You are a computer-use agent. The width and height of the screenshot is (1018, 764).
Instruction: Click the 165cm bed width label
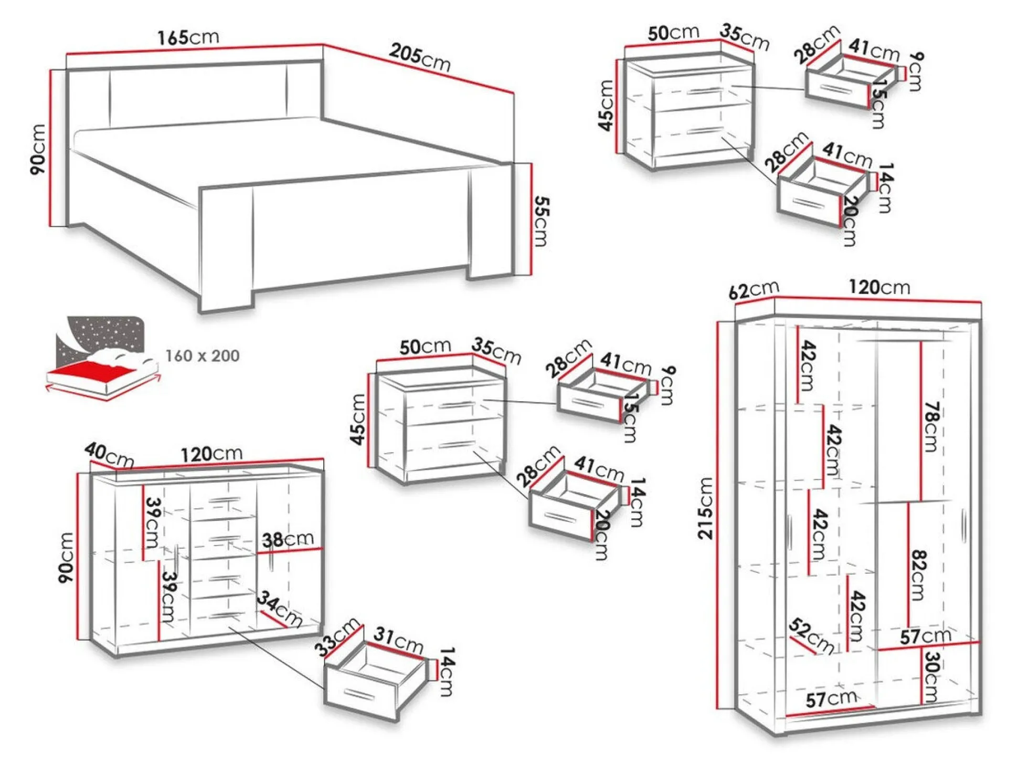point(188,37)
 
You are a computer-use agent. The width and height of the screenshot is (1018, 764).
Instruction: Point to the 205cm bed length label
point(420,57)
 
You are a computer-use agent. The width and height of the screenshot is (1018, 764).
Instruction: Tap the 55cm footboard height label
point(541,221)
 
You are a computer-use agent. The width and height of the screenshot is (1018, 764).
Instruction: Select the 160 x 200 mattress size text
point(203,355)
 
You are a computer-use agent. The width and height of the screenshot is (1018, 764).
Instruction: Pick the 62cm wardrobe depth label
point(754,290)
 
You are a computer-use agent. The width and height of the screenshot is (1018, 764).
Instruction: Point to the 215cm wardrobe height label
point(706,508)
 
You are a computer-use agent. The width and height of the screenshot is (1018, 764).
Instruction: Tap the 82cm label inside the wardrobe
point(918,575)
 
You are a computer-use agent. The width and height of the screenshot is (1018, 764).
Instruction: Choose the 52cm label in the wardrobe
point(811,636)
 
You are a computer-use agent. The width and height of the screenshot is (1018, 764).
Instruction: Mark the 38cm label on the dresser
point(288,539)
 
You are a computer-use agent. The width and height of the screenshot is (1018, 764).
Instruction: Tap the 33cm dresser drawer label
point(339,637)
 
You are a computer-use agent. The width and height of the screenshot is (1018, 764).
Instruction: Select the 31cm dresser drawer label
point(399,640)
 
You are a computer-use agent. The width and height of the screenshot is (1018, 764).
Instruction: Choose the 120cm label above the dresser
point(211,454)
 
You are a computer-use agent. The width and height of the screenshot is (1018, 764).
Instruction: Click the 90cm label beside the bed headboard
point(38,149)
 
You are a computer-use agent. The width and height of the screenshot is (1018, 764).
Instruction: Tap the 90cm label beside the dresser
point(66,558)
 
